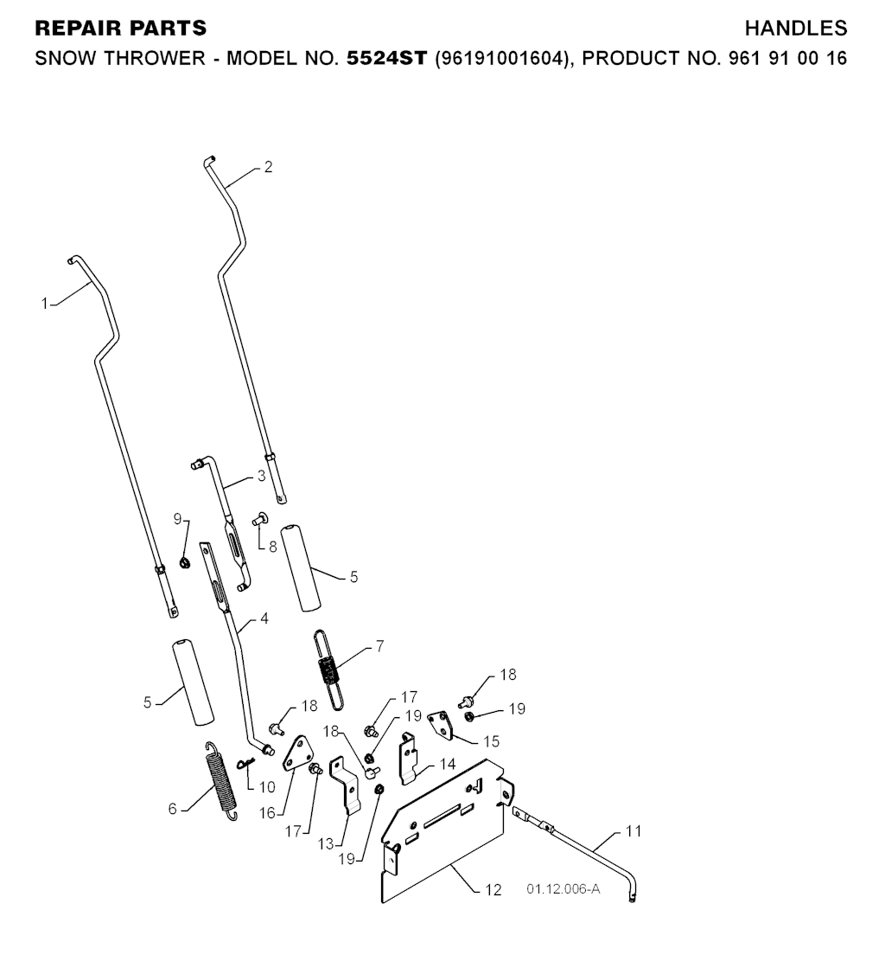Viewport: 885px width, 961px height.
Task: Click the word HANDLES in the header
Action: pyautogui.click(x=795, y=29)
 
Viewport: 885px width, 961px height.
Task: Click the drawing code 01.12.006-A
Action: pyautogui.click(x=563, y=888)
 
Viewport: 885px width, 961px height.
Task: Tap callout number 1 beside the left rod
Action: pyautogui.click(x=44, y=304)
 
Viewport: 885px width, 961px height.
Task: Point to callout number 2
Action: pyautogui.click(x=268, y=167)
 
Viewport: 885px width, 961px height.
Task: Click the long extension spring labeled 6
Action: pyautogui.click(x=221, y=782)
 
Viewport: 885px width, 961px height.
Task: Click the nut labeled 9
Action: pyautogui.click(x=184, y=564)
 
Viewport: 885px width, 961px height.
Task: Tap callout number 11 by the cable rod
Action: pyautogui.click(x=634, y=832)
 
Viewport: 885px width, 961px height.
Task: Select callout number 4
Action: pyautogui.click(x=264, y=619)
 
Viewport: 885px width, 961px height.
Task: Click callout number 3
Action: pyautogui.click(x=261, y=477)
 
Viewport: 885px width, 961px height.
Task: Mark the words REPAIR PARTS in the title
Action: pyautogui.click(x=120, y=29)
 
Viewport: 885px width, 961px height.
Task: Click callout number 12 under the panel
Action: pyautogui.click(x=493, y=890)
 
